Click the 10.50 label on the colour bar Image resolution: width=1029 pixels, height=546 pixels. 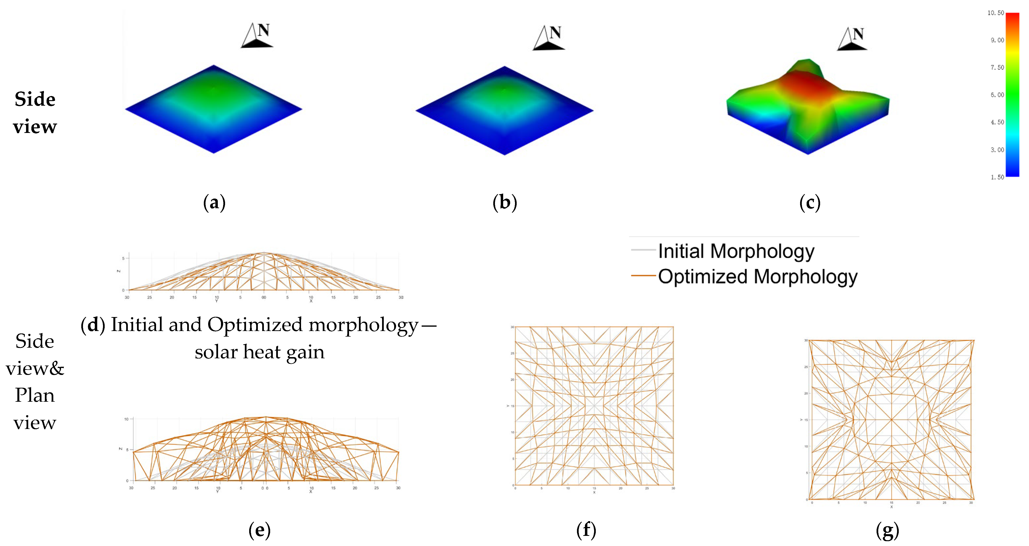pos(995,13)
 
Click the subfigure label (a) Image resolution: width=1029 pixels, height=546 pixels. pos(214,203)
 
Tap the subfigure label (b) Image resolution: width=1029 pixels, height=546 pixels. pos(505,203)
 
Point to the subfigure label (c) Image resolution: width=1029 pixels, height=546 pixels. pos(810,203)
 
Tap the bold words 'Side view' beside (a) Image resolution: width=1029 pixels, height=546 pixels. pos(35,113)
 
